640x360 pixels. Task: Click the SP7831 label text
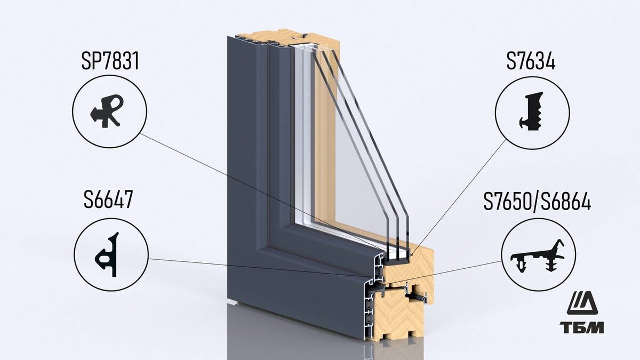click(110, 62)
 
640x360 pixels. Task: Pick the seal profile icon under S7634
click(532, 112)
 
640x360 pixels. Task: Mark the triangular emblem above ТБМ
click(582, 303)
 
